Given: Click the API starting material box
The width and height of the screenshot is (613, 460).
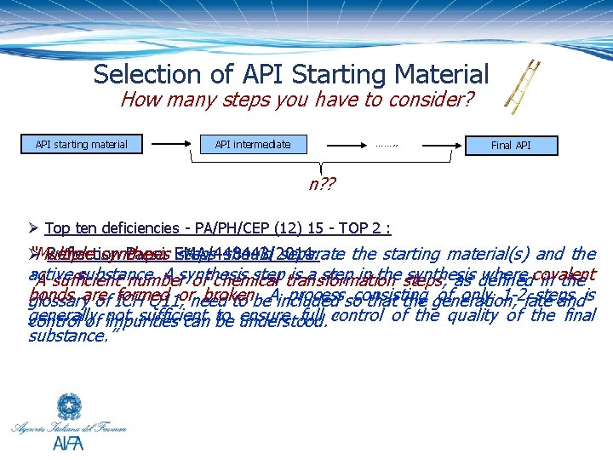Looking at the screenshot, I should tap(82, 145).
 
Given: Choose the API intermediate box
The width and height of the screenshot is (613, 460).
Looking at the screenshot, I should tap(253, 145).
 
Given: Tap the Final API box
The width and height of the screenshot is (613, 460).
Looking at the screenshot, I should tap(511, 145).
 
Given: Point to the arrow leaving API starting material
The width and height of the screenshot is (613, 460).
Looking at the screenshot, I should tap(170, 145).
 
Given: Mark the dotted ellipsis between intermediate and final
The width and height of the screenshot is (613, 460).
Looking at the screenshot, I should tap(387, 145).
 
